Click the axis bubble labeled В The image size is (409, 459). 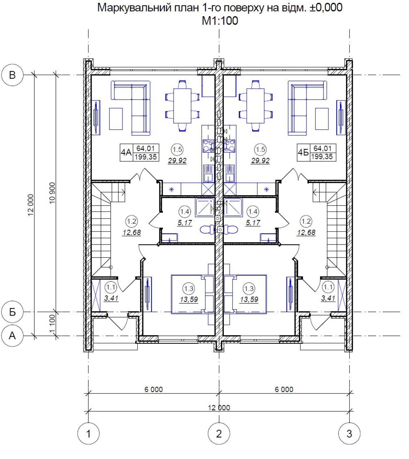coord(12,75)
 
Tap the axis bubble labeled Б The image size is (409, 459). coord(12,312)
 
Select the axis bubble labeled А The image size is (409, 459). coord(12,335)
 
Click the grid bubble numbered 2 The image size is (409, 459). coord(219,433)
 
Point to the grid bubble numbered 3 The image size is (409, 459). coord(349,433)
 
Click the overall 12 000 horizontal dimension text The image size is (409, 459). coord(219,408)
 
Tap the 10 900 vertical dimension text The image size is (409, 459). coord(52,193)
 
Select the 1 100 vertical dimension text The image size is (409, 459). coord(52,324)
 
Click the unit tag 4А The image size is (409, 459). coord(126,152)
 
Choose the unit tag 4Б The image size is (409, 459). coord(303,152)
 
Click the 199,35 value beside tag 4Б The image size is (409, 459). coord(322,157)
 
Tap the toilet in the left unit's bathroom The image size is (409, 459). coord(207,229)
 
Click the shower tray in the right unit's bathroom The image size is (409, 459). coord(233,207)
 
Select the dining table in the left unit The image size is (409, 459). coord(182,106)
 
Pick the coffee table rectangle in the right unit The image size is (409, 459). coord(322,119)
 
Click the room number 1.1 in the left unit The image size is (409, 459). coord(111,287)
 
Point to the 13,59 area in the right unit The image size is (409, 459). coord(249,299)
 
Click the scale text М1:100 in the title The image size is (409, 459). coord(220,21)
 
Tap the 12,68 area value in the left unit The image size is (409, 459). coord(132,232)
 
